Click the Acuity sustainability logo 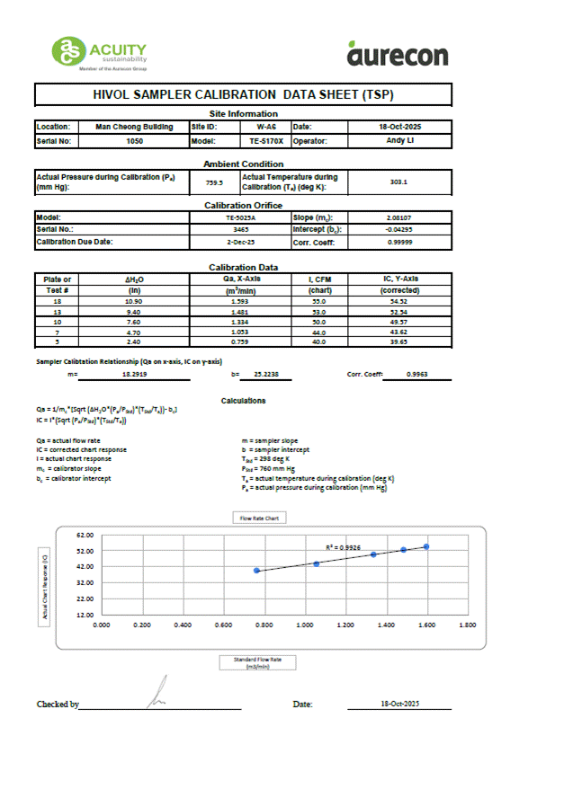pos(99,53)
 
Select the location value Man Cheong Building pos(134,128)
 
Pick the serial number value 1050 pos(134,141)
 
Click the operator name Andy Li pos(400,141)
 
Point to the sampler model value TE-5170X pos(266,141)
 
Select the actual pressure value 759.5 pos(214,182)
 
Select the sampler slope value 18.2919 pos(136,373)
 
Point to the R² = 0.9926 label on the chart pos(343,546)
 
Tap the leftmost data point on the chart pos(257,571)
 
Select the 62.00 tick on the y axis pos(85,535)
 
